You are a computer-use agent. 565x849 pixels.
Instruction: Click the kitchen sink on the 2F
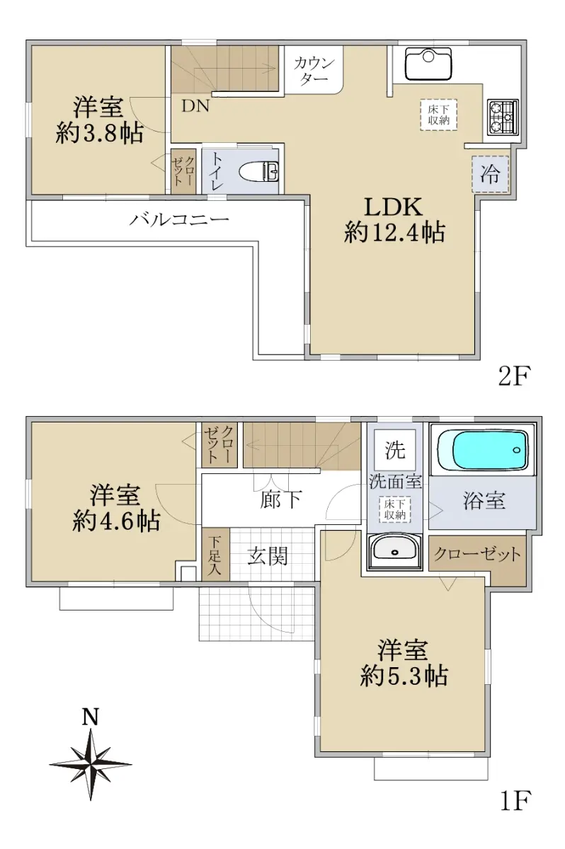click(428, 64)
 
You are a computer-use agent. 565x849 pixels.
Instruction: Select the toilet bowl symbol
click(259, 171)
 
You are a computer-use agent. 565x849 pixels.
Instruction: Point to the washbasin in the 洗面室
click(395, 551)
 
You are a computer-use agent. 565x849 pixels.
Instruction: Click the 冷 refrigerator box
click(490, 174)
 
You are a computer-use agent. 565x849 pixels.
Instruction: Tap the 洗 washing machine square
click(395, 450)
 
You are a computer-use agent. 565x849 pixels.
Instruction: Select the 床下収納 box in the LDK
click(438, 115)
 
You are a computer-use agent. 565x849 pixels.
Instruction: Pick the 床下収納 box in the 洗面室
click(395, 509)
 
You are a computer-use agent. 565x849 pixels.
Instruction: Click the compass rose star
click(91, 764)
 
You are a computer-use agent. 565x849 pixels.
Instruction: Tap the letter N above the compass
click(91, 716)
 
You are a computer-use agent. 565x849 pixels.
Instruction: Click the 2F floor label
click(513, 375)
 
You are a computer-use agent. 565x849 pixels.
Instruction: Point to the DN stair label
click(195, 106)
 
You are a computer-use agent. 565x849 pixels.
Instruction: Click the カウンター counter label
click(314, 71)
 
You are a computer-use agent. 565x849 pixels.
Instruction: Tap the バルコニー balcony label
click(179, 219)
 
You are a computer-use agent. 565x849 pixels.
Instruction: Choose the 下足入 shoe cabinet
click(215, 554)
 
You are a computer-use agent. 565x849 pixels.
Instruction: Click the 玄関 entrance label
click(268, 555)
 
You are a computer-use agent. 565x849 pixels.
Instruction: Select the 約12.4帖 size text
click(394, 232)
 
